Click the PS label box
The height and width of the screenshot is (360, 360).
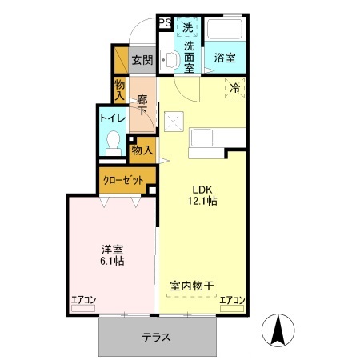point(163,23)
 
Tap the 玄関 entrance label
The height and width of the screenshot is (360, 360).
point(142,60)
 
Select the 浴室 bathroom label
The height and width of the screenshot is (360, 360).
point(224,58)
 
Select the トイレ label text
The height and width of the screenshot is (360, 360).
point(111,118)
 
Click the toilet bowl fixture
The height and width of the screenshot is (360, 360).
point(113,145)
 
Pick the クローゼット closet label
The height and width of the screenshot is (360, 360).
point(123,181)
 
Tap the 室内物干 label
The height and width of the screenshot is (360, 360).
point(190,285)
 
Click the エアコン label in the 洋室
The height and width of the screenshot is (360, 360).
point(83,300)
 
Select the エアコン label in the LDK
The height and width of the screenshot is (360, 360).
point(232,300)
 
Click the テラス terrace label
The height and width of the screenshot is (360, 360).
point(157,337)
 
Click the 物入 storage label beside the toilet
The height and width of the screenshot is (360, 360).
point(142,150)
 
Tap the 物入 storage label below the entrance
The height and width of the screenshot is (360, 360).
point(119,90)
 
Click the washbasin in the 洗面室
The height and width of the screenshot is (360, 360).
point(169,60)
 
